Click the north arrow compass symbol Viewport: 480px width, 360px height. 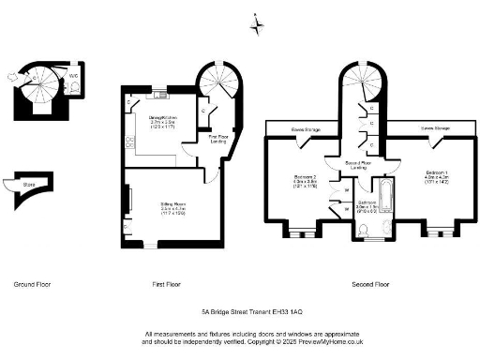pos(258,25)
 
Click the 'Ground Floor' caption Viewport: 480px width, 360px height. pos(33,283)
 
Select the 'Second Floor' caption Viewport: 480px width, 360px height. pos(370,283)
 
